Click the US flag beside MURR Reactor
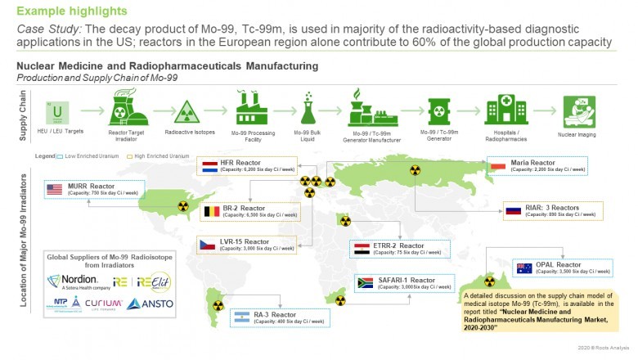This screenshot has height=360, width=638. [55, 190]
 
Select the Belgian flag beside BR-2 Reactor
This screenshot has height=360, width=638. [211, 213]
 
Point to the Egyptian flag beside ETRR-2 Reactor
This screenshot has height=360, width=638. [360, 248]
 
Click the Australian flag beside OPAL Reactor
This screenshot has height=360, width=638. [523, 268]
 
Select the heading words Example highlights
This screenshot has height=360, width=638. [71, 11]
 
